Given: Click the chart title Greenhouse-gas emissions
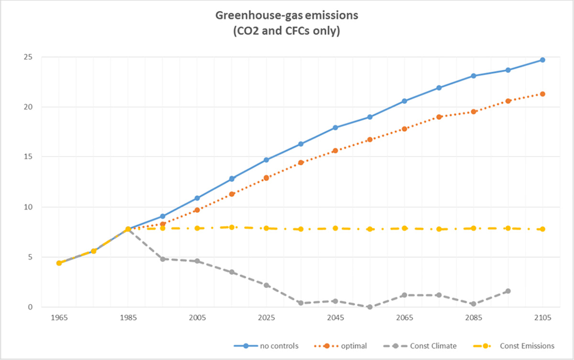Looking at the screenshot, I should click(x=287, y=16).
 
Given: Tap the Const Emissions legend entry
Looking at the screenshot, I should click(x=527, y=346).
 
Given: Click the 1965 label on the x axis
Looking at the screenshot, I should click(x=59, y=317).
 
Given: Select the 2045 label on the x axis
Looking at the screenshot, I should click(x=335, y=317).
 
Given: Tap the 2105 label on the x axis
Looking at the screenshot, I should click(x=542, y=317).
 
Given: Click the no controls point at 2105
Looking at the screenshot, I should click(x=542, y=60).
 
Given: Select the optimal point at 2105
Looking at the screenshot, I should click(x=542, y=94).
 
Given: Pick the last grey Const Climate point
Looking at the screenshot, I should click(x=508, y=291).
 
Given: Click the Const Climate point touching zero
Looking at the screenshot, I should click(x=370, y=307).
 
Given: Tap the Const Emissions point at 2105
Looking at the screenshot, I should click(x=542, y=229).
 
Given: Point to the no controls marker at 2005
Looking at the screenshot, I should click(x=197, y=198).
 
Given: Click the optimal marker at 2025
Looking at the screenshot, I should click(x=266, y=177).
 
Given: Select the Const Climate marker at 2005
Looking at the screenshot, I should click(x=197, y=261).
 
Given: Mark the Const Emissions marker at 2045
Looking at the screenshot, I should click(x=335, y=228).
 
